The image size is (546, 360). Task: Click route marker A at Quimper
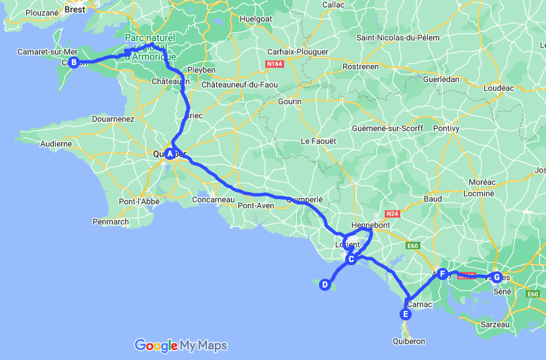pyautogui.click(x=171, y=154)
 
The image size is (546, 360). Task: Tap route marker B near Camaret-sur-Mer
pyautogui.click(x=74, y=62)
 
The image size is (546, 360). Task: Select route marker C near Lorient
pyautogui.click(x=351, y=259)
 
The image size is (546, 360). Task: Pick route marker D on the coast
pyautogui.click(x=324, y=285)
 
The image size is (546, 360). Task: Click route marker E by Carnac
pyautogui.click(x=405, y=314)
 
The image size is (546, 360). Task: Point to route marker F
pyautogui.click(x=441, y=273)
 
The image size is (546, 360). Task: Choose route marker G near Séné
pyautogui.click(x=496, y=276)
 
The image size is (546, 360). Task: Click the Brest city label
pyautogui.click(x=75, y=9)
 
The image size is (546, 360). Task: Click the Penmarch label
pyautogui.click(x=111, y=222)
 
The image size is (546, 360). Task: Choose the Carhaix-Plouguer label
pyautogui.click(x=298, y=52)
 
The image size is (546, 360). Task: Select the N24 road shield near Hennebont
pyautogui.click(x=392, y=214)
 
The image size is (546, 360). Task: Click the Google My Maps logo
pyautogui.click(x=181, y=346)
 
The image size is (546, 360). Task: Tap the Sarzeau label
pyautogui.click(x=496, y=324)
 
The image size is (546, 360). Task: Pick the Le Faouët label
pyautogui.click(x=318, y=141)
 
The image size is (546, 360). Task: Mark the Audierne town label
pyautogui.click(x=56, y=143)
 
